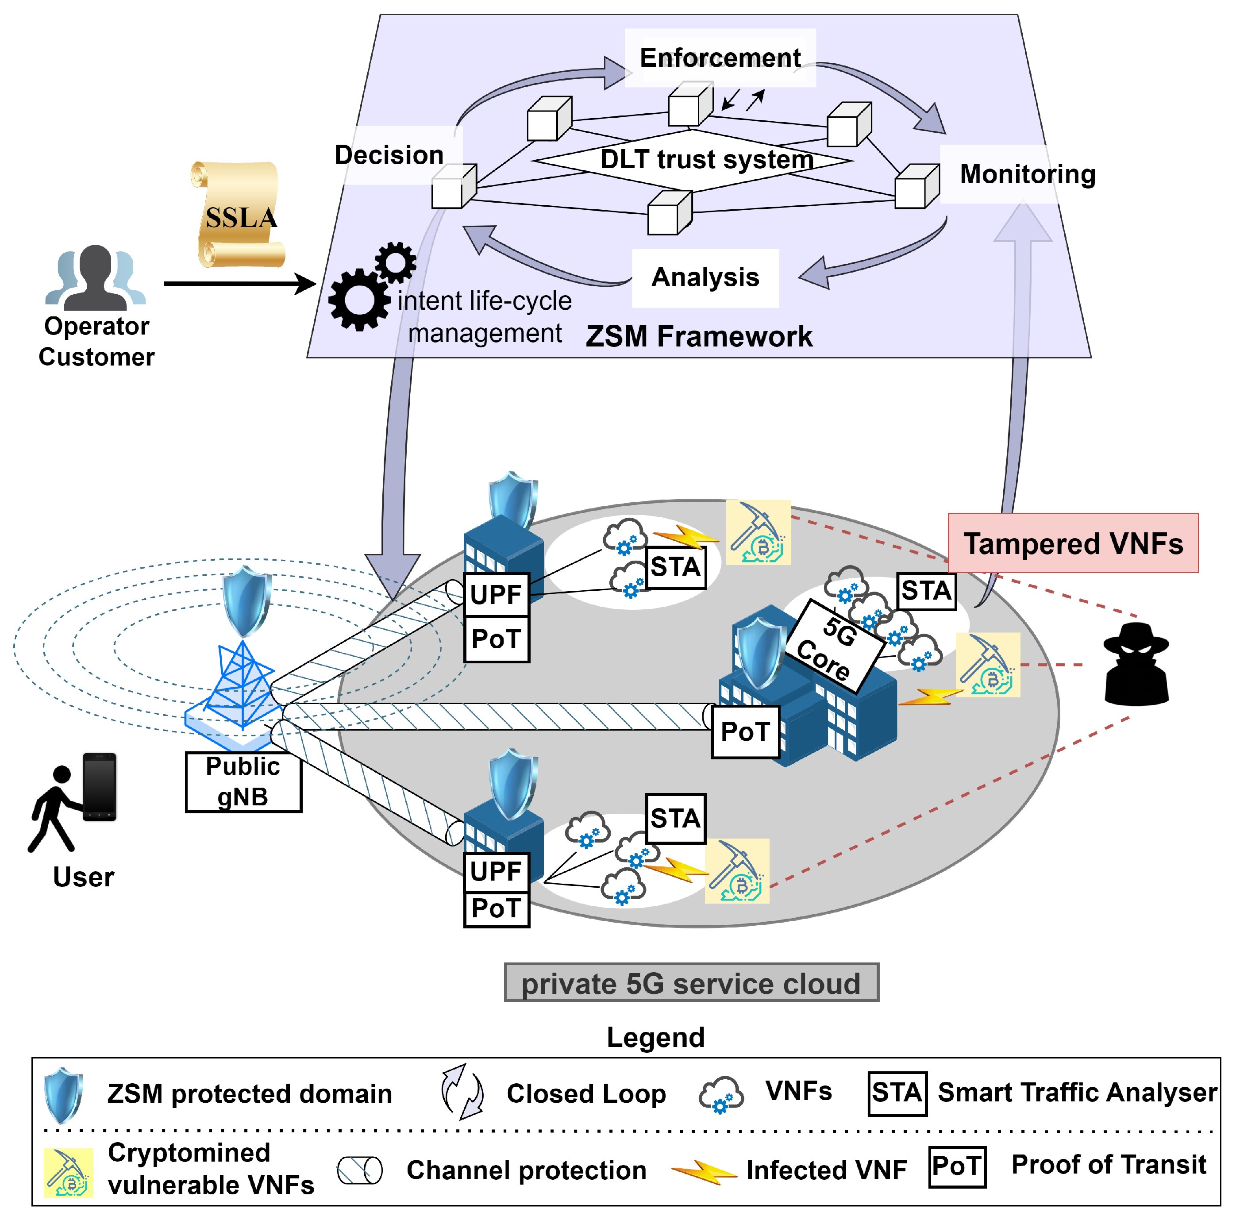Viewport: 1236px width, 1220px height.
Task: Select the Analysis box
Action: (705, 277)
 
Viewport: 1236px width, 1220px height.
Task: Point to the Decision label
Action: (389, 155)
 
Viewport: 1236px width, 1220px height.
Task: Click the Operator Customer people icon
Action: (96, 277)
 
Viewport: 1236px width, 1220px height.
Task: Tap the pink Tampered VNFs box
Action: (1072, 543)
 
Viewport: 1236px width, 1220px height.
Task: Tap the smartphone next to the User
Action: (99, 786)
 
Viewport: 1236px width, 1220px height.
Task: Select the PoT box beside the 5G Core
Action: (745, 731)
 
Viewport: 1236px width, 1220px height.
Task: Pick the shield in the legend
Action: (63, 1094)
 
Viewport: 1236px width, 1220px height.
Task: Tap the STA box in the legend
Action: (897, 1093)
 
